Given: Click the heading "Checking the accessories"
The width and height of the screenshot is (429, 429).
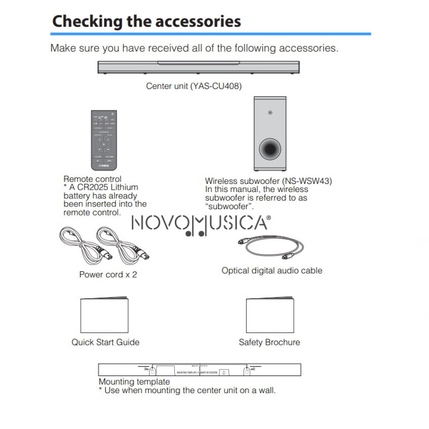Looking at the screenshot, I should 146,21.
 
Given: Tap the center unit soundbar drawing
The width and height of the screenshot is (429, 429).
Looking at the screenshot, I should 198,68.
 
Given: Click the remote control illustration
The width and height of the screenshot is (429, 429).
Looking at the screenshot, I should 102,138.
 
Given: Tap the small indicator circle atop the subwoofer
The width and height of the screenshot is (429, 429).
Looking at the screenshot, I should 269,113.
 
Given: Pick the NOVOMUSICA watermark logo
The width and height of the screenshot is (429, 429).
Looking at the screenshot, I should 201,224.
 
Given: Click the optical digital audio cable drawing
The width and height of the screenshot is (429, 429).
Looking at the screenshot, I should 270,243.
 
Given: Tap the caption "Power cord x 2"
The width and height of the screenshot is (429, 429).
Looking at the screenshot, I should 108,275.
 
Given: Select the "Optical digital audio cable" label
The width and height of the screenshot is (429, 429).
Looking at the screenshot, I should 272,271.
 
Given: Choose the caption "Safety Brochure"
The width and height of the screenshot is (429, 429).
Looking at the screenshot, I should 269,342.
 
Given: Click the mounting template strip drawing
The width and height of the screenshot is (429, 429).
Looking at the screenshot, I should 199,370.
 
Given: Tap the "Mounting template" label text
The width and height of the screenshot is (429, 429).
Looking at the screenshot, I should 134,382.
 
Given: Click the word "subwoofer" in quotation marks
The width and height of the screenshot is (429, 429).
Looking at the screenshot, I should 229,206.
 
